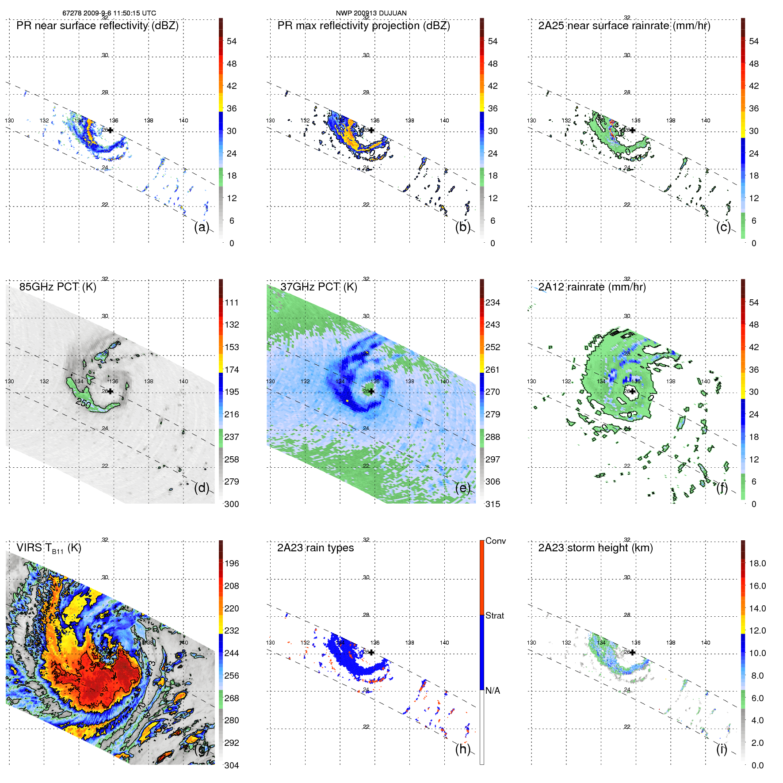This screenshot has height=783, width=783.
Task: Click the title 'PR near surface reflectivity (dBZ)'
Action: pyautogui.click(x=97, y=26)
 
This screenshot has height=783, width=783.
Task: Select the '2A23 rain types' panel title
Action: pyautogui.click(x=315, y=548)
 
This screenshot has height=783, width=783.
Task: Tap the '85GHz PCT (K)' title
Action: pyautogui.click(x=57, y=287)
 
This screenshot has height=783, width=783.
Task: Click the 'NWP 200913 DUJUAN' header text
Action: pyautogui.click(x=371, y=13)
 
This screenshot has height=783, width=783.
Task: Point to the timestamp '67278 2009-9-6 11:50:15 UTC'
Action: pyautogui.click(x=109, y=13)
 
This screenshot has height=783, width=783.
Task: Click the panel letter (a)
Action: pyautogui.click(x=202, y=227)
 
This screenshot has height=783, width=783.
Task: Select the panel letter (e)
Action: pyautogui.click(x=462, y=488)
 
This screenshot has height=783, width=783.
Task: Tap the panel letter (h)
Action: pyautogui.click(x=462, y=749)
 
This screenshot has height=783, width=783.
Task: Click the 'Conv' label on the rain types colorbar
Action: pyautogui.click(x=496, y=541)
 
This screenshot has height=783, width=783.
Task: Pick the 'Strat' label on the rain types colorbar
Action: pyautogui.click(x=495, y=616)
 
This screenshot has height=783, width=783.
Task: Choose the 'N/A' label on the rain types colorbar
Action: pyautogui.click(x=493, y=691)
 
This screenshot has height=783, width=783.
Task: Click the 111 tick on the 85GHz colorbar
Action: pyautogui.click(x=232, y=303)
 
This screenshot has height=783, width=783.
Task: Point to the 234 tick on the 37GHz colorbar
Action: pyautogui.click(x=493, y=303)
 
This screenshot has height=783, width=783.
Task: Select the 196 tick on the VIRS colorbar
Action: pyautogui.click(x=232, y=564)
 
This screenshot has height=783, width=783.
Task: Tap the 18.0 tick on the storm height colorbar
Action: pyautogui.click(x=757, y=564)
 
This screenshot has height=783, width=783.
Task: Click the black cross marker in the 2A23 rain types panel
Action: pyautogui.click(x=371, y=653)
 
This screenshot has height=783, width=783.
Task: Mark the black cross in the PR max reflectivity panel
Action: pyautogui.click(x=371, y=130)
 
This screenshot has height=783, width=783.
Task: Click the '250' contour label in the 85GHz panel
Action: pyautogui.click(x=83, y=403)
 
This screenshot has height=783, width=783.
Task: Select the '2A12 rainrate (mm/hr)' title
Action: pyautogui.click(x=592, y=287)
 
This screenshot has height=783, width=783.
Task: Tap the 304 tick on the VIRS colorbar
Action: pyautogui.click(x=232, y=766)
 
